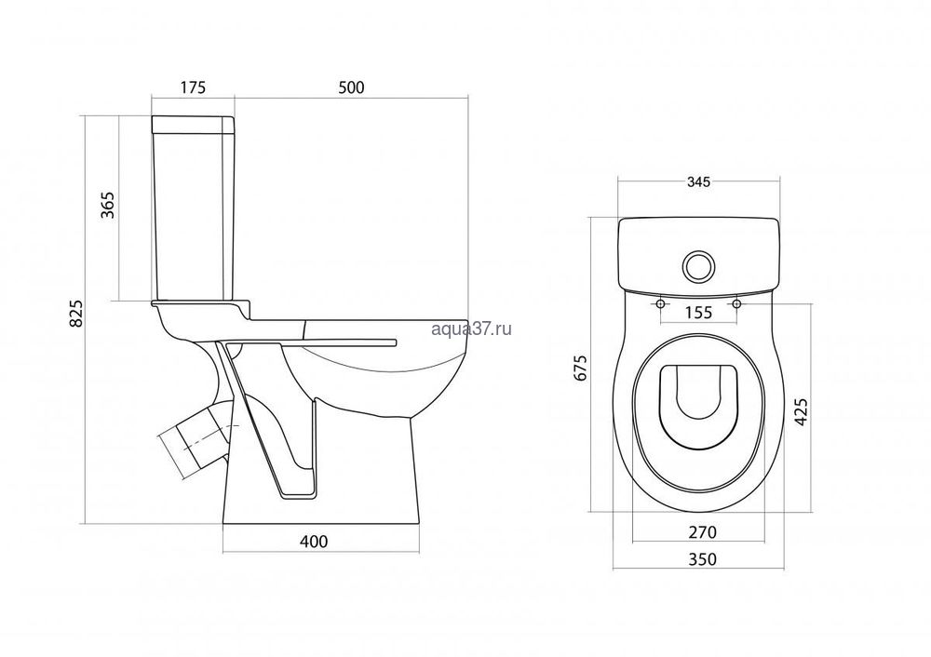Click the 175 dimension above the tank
pos(193,87)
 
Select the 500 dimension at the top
pos(351,87)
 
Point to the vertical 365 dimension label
pos(108,206)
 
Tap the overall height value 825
pos(75,314)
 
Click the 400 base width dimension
pos(314,542)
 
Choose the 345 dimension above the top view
pos(699,182)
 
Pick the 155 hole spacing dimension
pos(698,312)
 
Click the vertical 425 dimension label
pos(801,411)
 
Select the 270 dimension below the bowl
pos(702,532)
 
